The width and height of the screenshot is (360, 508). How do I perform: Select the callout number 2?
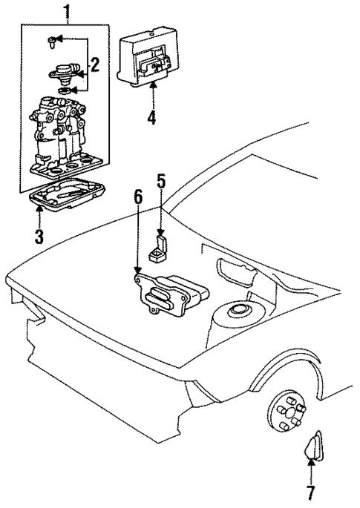(x=94, y=65)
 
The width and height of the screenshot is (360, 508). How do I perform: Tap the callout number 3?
(x=38, y=237)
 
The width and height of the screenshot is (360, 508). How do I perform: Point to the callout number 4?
(x=153, y=116)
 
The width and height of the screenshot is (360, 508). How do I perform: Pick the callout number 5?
(x=160, y=182)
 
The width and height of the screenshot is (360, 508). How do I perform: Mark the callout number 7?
(x=311, y=492)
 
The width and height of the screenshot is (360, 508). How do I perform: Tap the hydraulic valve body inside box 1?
(x=64, y=137)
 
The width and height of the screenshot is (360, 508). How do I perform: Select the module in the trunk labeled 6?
(x=170, y=295)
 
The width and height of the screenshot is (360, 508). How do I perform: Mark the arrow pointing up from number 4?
(x=153, y=94)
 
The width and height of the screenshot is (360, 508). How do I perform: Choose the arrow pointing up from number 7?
(x=311, y=470)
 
